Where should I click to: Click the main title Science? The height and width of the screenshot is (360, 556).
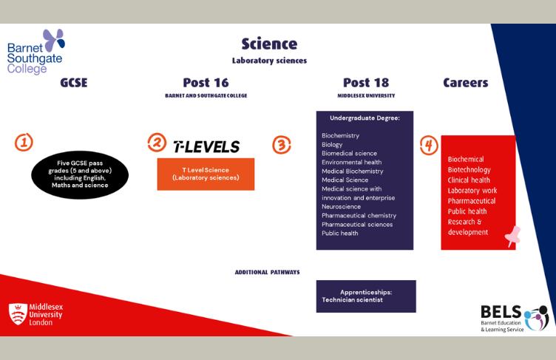pyautogui.click(x=268, y=44)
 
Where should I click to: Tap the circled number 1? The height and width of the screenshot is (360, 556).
pyautogui.click(x=24, y=143)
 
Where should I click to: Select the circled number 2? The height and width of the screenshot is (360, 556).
pyautogui.click(x=157, y=143)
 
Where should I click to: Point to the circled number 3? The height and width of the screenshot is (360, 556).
pyautogui.click(x=282, y=145)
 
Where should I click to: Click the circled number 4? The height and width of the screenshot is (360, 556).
pyautogui.click(x=429, y=145)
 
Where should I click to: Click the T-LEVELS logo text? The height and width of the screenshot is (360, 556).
pyautogui.click(x=206, y=146)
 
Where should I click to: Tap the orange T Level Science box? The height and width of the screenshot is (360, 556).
pyautogui.click(x=206, y=174)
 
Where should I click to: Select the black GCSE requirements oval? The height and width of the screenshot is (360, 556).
pyautogui.click(x=80, y=175)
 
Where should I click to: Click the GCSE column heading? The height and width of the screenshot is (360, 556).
pyautogui.click(x=74, y=83)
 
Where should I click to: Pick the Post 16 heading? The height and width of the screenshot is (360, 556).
pyautogui.click(x=206, y=83)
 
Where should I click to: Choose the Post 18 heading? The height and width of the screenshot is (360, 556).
pyautogui.click(x=365, y=83)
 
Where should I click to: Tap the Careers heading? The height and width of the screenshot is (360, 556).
pyautogui.click(x=465, y=83)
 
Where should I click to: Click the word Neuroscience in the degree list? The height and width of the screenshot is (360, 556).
pyautogui.click(x=341, y=206)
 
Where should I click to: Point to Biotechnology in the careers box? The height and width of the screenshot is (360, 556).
pyautogui.click(x=469, y=169)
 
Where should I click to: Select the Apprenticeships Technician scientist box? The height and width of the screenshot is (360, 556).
pyautogui.click(x=366, y=296)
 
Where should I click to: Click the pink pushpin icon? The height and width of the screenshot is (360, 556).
pyautogui.click(x=512, y=236)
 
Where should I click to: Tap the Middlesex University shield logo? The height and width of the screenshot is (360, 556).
pyautogui.click(x=17, y=314)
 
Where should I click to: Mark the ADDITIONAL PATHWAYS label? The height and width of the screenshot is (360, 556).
pyautogui.click(x=267, y=272)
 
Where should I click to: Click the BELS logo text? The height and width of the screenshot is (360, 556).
pyautogui.click(x=501, y=312)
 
